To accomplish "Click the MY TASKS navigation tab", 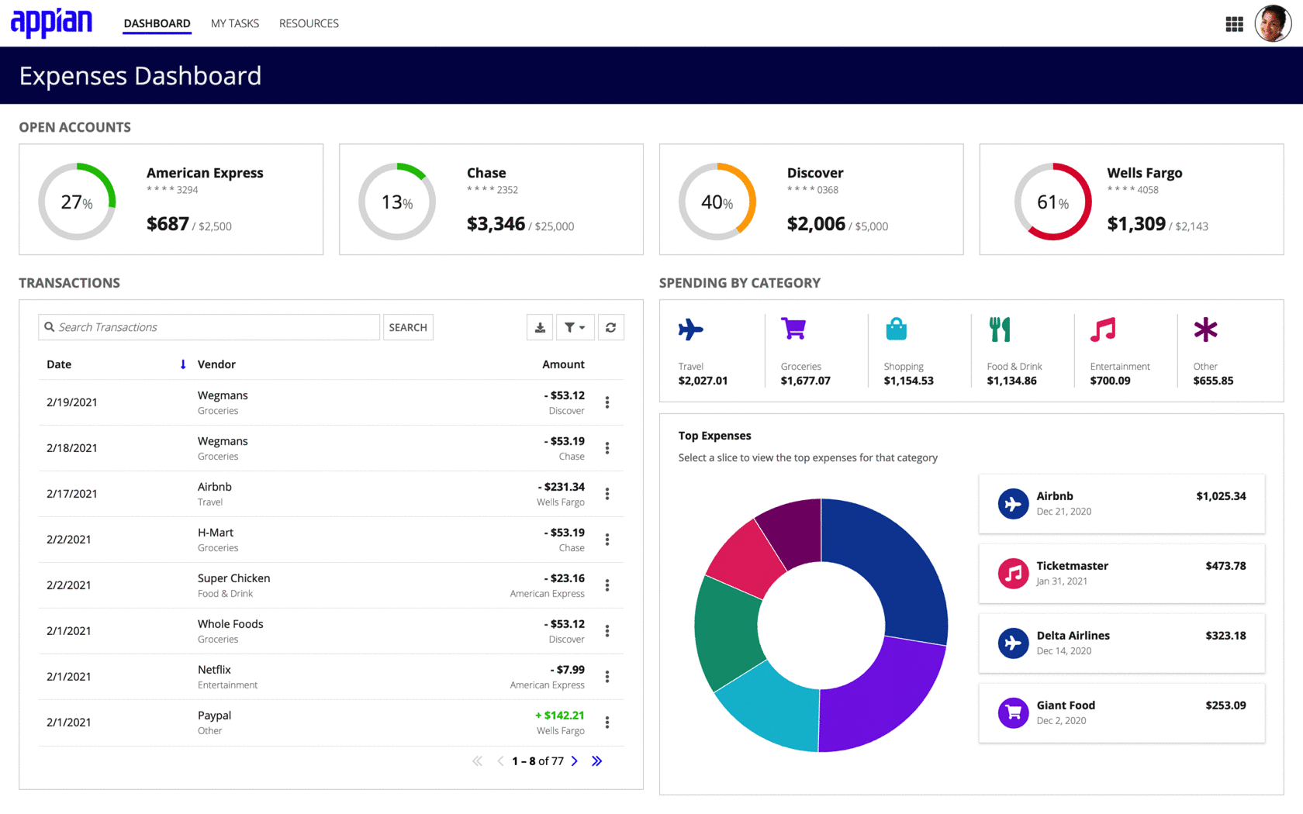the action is pos(234,23).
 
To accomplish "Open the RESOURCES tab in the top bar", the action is pos(309,23).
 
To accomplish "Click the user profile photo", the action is pos(1273,23).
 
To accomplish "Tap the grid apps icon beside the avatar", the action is pos(1235,24).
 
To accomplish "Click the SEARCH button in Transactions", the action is pos(408,327).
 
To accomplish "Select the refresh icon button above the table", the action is pos(611,327).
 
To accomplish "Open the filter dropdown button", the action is pos(575,327).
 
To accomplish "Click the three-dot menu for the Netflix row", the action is pos(607,677).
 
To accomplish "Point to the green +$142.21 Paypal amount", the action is pos(560,715).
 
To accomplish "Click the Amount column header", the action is pos(563,364).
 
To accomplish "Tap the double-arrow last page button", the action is pos(597,761).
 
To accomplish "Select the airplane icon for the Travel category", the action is pos(691,329).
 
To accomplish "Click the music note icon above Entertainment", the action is pos(1103,329).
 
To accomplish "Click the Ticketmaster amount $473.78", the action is pos(1225,566).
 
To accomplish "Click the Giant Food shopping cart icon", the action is pos(1013,713).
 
